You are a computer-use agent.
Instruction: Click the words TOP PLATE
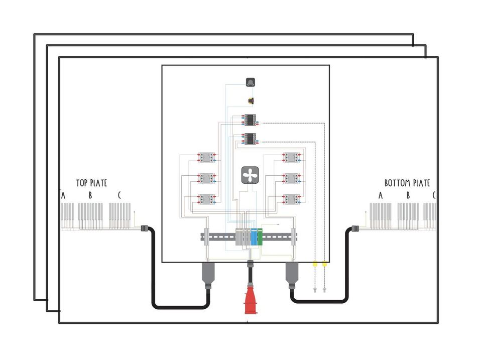point(91,183)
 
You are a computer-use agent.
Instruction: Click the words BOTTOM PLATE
point(407,183)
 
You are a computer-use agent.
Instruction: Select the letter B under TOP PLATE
point(90,195)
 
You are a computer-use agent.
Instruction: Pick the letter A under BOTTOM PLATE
point(381,195)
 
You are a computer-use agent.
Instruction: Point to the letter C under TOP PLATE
point(119,195)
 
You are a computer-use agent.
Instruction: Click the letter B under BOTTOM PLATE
point(408,195)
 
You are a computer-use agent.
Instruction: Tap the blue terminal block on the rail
point(254,236)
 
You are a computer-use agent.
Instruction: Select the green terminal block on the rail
point(260,236)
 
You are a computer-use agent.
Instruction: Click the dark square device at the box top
point(250,82)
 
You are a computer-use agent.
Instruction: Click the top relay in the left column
point(206,158)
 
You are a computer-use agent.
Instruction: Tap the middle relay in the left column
point(206,179)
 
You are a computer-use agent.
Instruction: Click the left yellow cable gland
point(315,264)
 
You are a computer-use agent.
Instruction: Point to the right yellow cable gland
point(324,264)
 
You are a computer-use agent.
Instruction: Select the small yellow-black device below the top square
point(251,100)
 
